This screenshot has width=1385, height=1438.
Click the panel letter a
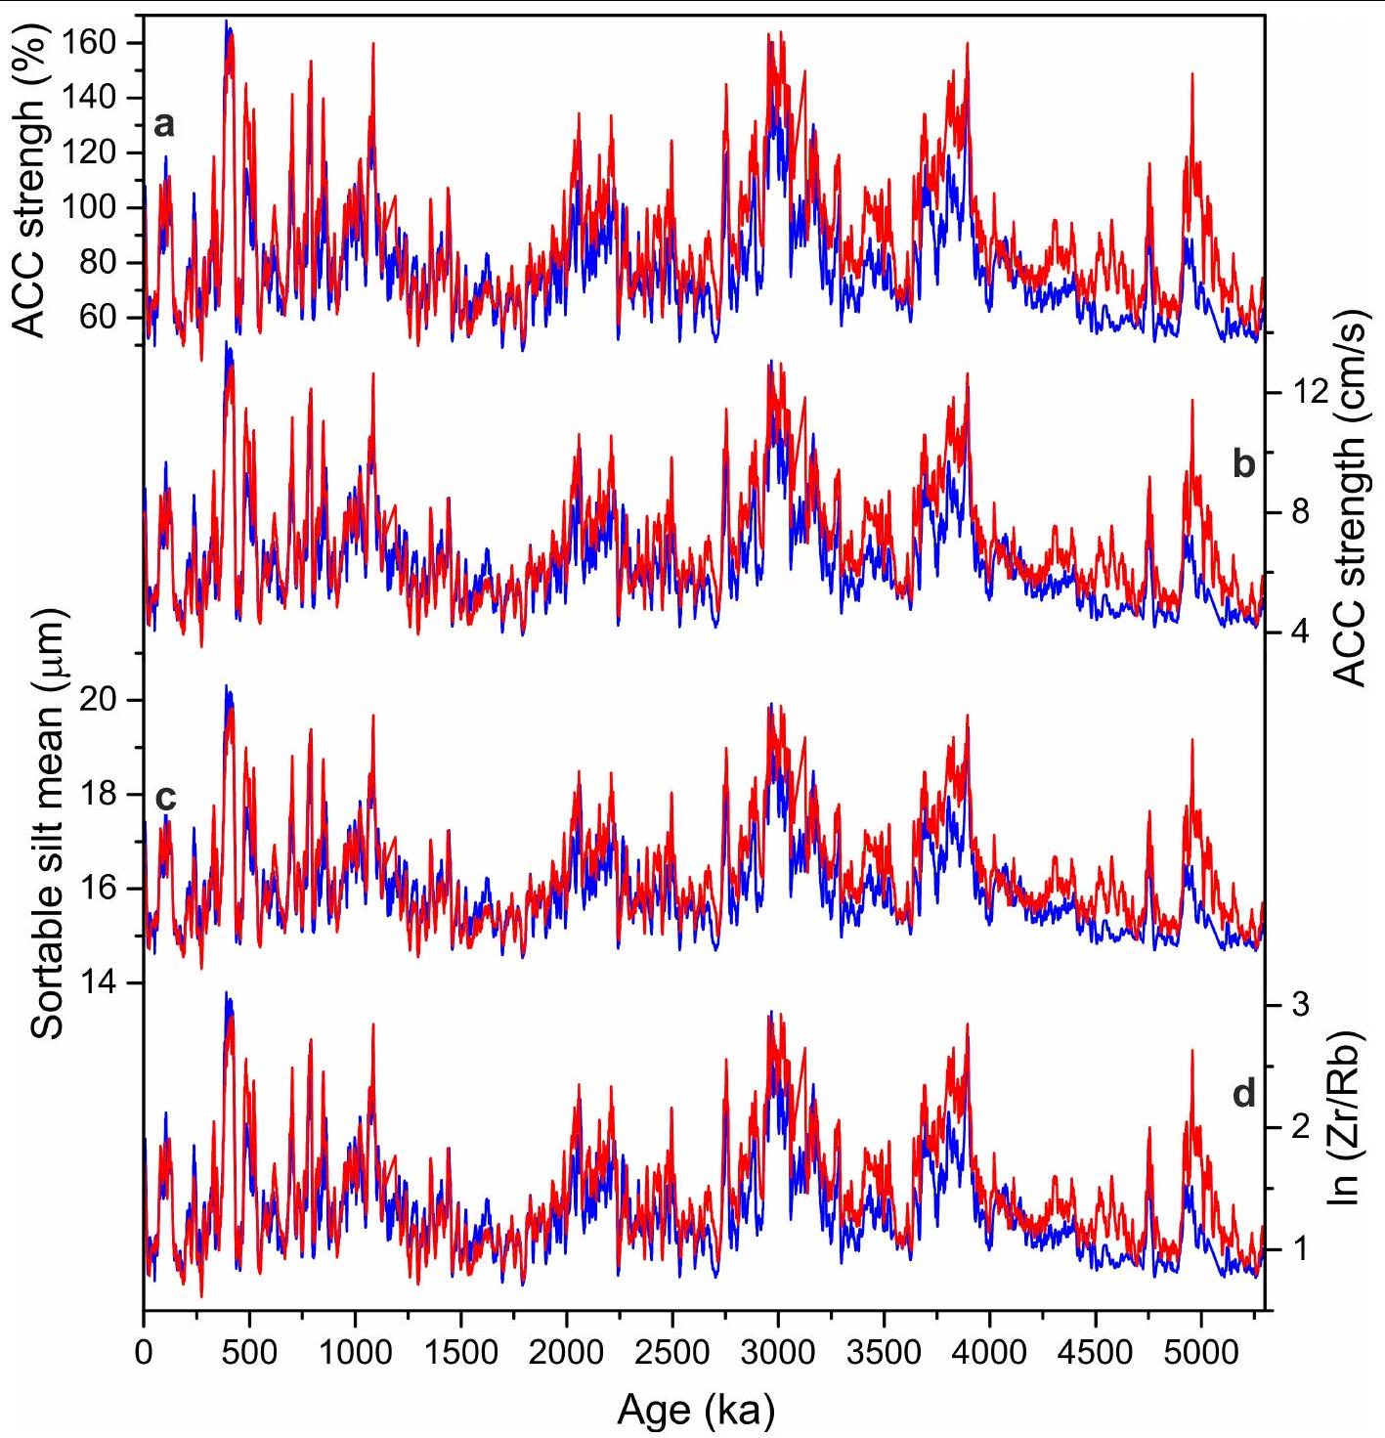[x=165, y=124]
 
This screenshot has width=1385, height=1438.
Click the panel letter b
[x=1243, y=463]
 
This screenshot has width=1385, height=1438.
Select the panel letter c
[x=165, y=798]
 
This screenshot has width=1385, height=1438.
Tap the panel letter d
[x=1243, y=1094]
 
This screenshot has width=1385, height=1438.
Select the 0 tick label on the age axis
[x=145, y=1354]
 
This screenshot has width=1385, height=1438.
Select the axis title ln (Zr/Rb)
[x=1349, y=1116]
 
